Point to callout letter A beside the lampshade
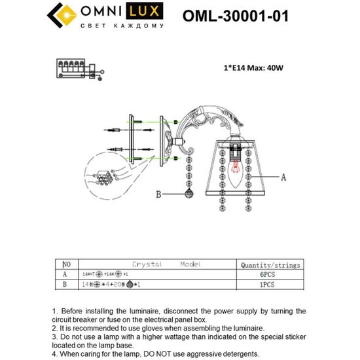click(283, 177)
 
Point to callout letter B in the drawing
click(158, 194)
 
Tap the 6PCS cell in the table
click(270, 275)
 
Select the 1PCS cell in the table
click(270, 285)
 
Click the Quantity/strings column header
click(270, 265)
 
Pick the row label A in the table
click(64, 275)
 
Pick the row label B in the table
click(64, 285)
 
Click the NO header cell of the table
click(65, 265)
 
